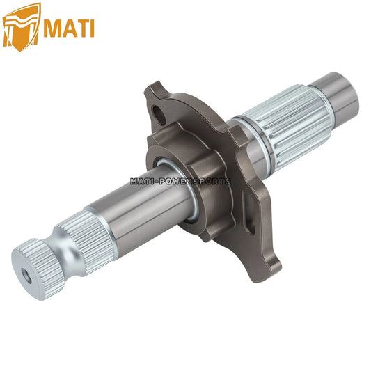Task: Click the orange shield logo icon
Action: point(22,24)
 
